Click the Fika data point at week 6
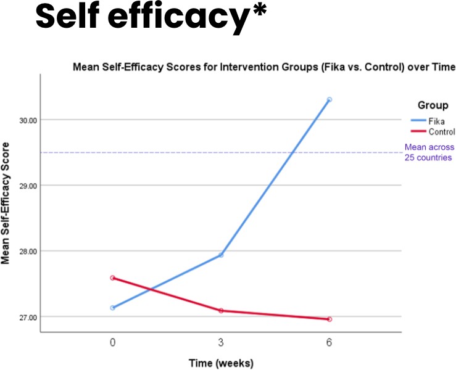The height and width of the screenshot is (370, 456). click(x=330, y=99)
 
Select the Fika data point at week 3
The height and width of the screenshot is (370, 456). click(x=221, y=255)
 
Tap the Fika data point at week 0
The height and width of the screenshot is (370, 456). click(x=112, y=308)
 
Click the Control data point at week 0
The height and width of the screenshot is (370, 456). click(x=112, y=278)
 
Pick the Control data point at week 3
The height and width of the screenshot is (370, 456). click(x=221, y=311)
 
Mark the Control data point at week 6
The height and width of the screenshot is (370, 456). click(x=330, y=319)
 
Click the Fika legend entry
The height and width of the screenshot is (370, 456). click(x=439, y=121)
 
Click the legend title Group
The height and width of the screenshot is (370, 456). click(x=433, y=105)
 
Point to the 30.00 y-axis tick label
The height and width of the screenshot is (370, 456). click(x=27, y=120)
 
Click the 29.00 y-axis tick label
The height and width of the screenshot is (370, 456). click(x=27, y=186)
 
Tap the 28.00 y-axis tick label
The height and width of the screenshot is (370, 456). click(x=27, y=252)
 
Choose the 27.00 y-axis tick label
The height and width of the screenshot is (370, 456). click(x=27, y=318)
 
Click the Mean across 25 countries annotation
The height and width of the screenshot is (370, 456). click(x=429, y=152)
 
